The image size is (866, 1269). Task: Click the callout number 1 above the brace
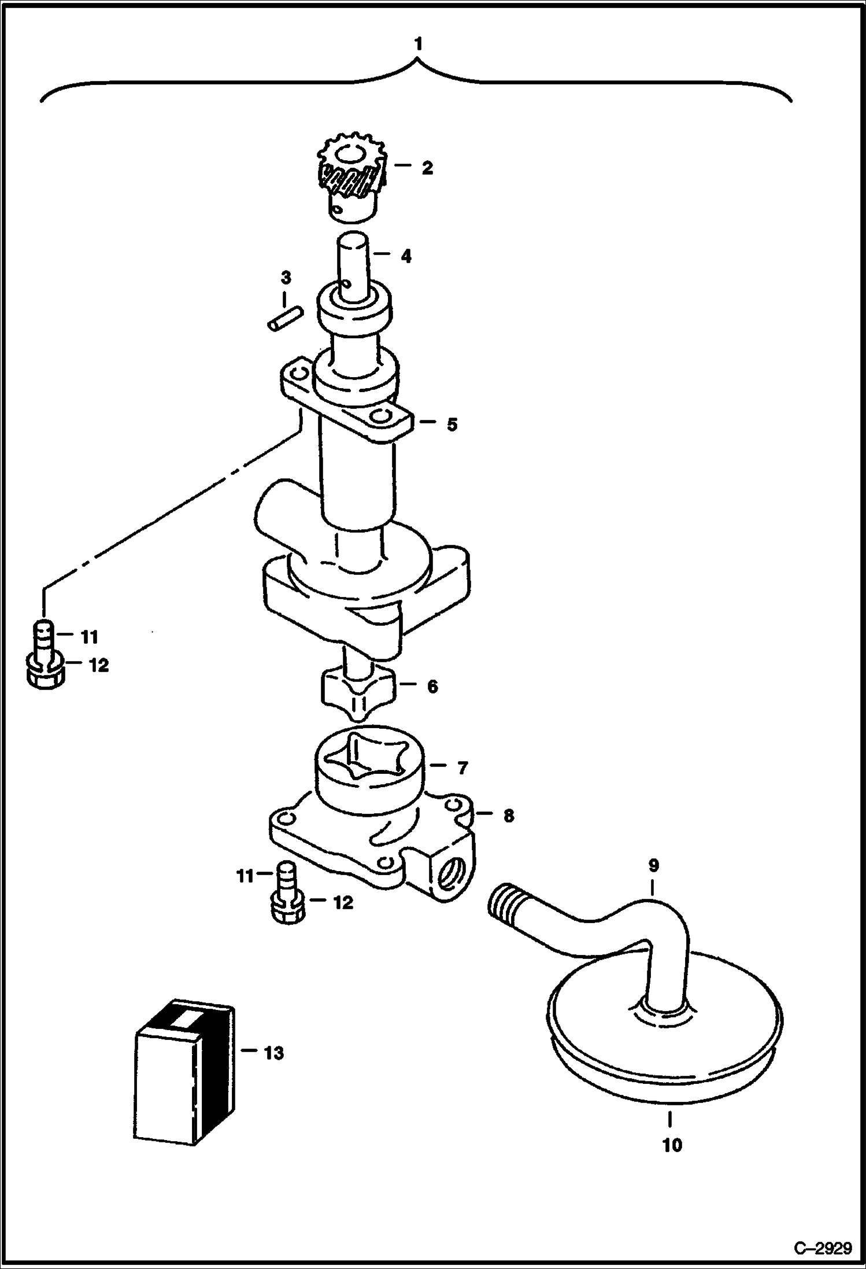418,44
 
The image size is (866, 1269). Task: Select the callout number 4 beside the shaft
406,256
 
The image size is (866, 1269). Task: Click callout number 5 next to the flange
451,425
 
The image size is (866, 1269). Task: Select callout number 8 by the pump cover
508,816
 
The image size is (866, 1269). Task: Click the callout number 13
273,1053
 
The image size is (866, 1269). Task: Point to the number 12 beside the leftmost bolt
99,665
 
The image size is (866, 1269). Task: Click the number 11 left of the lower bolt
245,877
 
